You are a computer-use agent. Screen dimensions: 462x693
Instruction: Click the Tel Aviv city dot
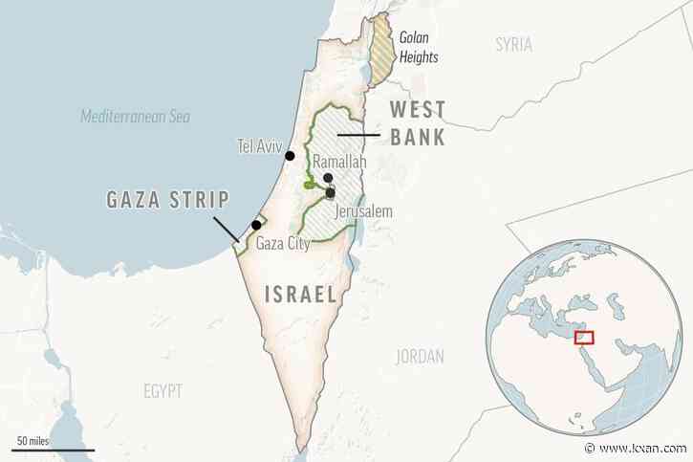point(290,156)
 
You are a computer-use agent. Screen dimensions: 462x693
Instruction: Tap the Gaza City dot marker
point(256,226)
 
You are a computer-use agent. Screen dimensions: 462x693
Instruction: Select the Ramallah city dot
point(327,179)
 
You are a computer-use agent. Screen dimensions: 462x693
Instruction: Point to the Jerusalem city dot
point(330,192)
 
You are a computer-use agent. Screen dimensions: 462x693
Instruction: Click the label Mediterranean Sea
point(135,117)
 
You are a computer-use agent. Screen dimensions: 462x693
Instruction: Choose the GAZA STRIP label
point(166,200)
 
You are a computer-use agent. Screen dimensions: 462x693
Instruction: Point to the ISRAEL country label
point(300,296)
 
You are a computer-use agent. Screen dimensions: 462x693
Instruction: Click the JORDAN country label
point(420,357)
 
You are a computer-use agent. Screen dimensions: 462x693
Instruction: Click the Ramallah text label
point(334,164)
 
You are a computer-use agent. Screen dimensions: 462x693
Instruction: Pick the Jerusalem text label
point(363,211)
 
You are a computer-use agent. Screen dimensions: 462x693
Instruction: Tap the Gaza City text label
point(283,244)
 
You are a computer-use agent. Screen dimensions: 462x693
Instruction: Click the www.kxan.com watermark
point(643,450)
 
